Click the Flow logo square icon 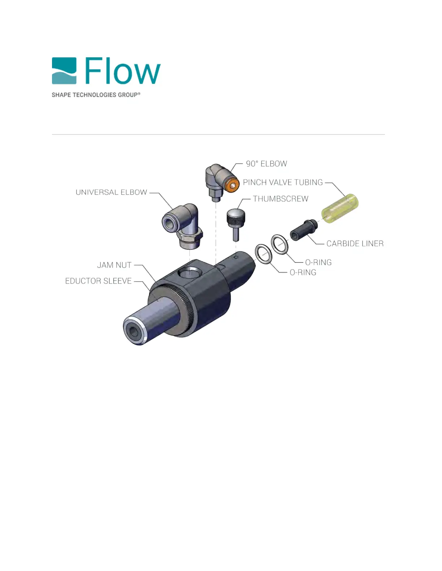coord(64,71)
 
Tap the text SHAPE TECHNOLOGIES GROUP coord(96,95)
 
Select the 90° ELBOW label coord(266,164)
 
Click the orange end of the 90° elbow coord(233,186)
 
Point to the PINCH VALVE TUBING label coord(283,182)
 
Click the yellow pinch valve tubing coord(340,208)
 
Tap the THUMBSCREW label coord(281,199)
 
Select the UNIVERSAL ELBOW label coord(111,192)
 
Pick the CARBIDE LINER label coord(355,244)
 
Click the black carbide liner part coord(303,230)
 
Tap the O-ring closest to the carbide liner coord(280,244)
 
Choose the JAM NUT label coord(114,265)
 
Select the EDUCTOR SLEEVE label coord(98,281)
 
